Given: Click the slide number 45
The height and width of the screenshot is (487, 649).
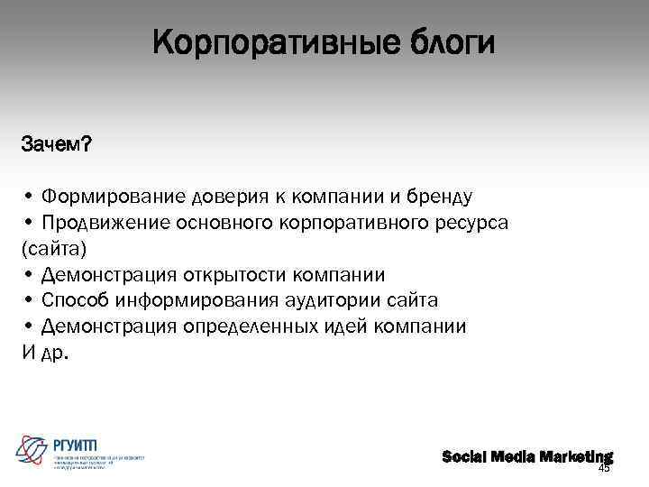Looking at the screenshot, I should click(x=604, y=468).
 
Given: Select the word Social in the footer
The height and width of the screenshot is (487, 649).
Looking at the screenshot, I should click(x=465, y=456).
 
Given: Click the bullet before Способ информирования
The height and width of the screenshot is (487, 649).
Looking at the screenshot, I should click(x=30, y=300).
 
